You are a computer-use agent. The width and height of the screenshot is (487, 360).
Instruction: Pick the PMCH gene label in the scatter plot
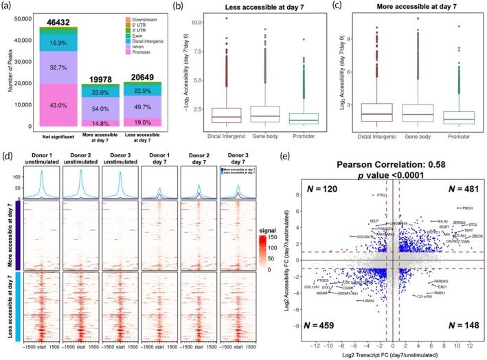pos(466,208)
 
